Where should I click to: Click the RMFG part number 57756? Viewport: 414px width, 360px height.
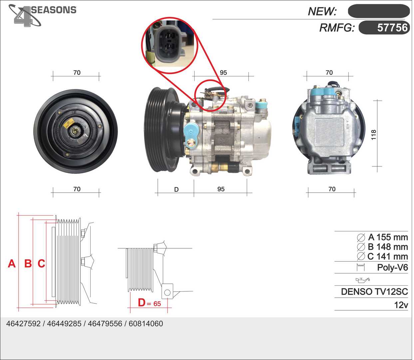coord(392,28)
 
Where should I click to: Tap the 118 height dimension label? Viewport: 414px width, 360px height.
coord(373,135)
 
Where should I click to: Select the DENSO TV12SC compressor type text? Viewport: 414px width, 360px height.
coord(374,292)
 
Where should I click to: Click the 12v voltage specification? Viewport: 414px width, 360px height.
coord(401,305)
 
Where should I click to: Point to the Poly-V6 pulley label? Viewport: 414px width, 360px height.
coord(392,267)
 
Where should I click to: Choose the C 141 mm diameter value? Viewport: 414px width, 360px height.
coord(387,257)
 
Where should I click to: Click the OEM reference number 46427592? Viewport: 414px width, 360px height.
coord(23,324)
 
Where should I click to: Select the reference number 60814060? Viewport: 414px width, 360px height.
coord(146,324)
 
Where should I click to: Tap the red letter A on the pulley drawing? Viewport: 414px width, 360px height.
coord(12,264)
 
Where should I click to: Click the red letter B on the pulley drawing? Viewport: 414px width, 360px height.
coord(28,264)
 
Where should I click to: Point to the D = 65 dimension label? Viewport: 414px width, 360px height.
coord(149,303)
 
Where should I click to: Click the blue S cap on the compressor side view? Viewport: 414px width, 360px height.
coord(191,132)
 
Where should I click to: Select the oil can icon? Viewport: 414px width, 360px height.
coord(363,280)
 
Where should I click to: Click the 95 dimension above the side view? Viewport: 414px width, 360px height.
coord(223,72)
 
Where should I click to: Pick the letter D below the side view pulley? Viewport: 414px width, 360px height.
coord(176,190)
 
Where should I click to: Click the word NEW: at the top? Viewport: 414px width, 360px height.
coord(322,11)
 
